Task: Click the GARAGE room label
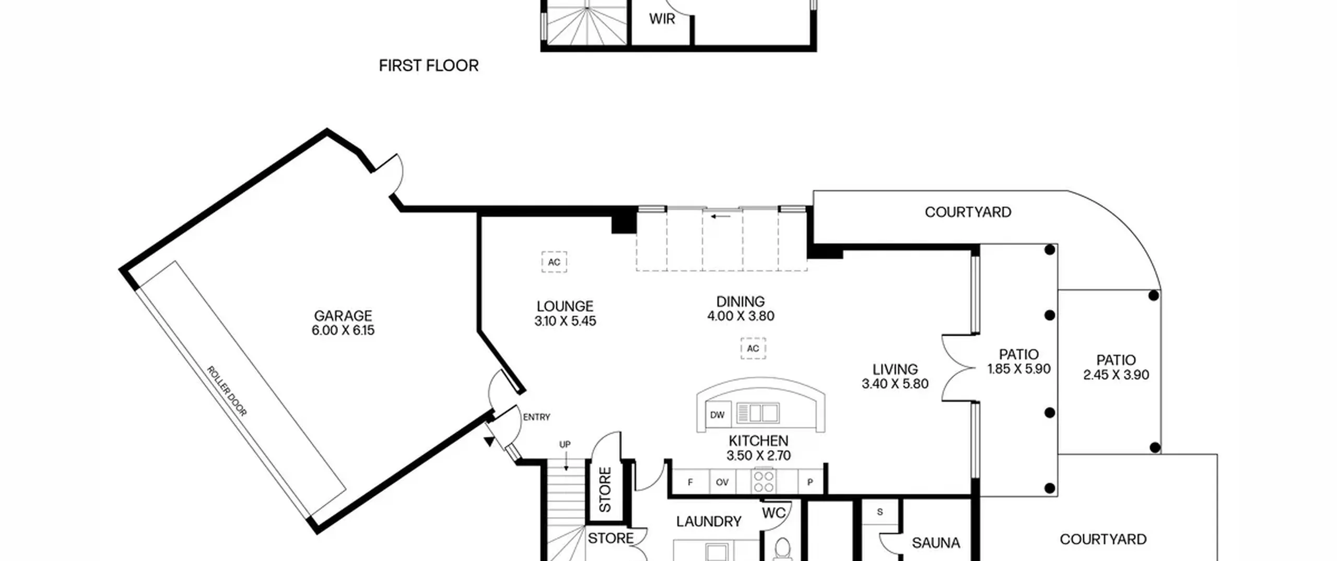click(343, 316)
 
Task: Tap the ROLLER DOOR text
click(227, 391)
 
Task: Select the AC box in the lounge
click(554, 262)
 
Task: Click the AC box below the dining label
click(753, 348)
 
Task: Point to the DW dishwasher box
click(718, 415)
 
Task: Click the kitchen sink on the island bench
click(758, 413)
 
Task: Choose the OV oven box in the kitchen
click(722, 482)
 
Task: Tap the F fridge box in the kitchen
click(690, 482)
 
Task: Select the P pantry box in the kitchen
click(810, 482)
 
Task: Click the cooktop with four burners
click(764, 482)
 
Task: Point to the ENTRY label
click(536, 417)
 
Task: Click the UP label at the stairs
click(565, 445)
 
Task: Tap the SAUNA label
click(936, 543)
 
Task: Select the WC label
click(773, 513)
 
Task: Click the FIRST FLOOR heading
click(428, 66)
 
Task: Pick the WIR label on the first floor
click(662, 19)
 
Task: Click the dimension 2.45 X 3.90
click(1116, 375)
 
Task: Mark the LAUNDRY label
click(709, 521)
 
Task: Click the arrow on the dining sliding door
click(721, 216)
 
